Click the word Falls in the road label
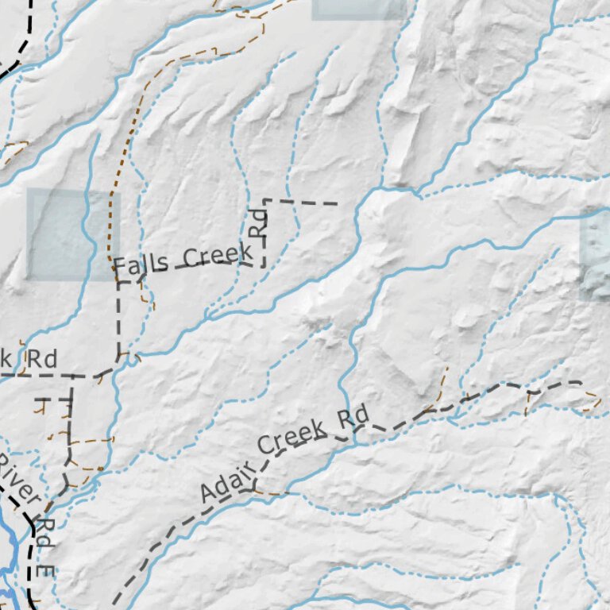click(140, 264)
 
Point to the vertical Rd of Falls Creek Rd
click(257, 222)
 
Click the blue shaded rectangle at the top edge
click(359, 9)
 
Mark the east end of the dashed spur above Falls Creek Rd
click(338, 204)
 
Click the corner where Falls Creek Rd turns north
click(264, 265)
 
